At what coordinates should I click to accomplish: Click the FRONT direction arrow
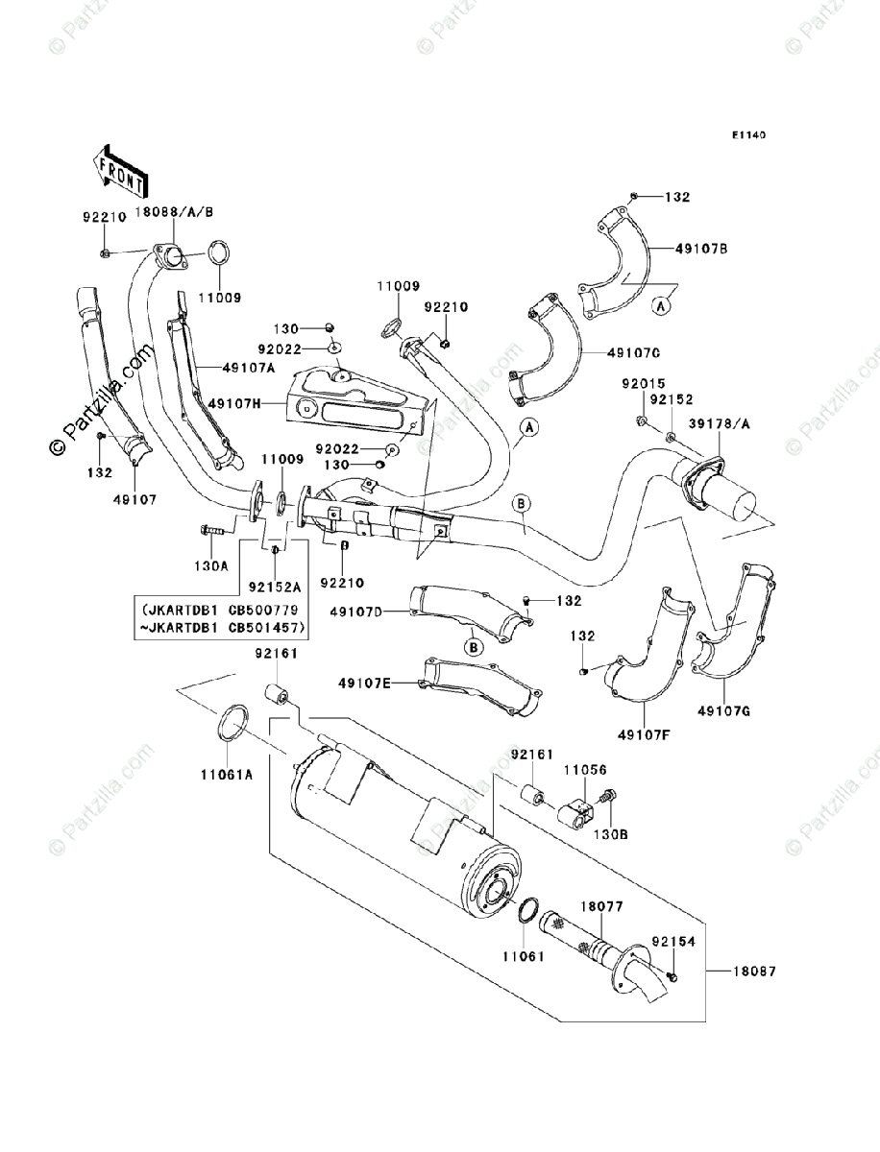coord(119,170)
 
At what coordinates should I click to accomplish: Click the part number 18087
coord(754,972)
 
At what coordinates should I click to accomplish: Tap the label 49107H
coord(233,403)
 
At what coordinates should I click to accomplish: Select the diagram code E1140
coord(749,135)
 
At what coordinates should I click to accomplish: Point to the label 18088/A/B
coord(174,212)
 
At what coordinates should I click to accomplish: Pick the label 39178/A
coord(719,423)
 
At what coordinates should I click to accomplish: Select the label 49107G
coord(723,711)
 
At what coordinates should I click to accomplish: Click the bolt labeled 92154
coord(672,976)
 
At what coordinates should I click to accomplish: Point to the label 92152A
coord(275,588)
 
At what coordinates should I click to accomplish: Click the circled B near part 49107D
coord(474,648)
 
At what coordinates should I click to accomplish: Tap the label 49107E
coord(364,683)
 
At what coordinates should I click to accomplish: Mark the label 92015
coord(644,384)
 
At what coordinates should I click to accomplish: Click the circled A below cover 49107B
coord(661,305)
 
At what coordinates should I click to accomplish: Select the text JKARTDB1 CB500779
coord(220,610)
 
